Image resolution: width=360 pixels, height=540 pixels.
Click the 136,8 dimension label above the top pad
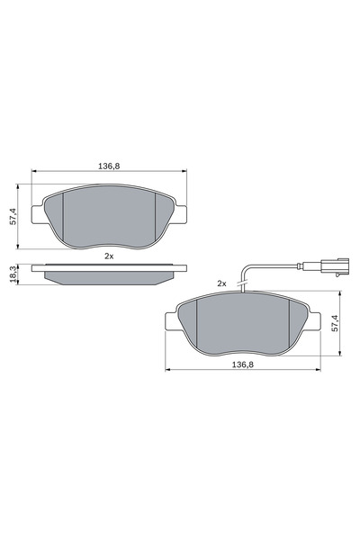pos(109,165)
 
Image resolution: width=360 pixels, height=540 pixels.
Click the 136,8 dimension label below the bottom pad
pos(241,364)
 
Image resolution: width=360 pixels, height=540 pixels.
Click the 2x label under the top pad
pos(109,256)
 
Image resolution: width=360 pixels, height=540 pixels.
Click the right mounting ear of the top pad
pos(181,213)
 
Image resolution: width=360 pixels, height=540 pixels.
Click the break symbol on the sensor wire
pos(241,286)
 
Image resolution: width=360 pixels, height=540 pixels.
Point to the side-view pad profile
pos(109,273)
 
